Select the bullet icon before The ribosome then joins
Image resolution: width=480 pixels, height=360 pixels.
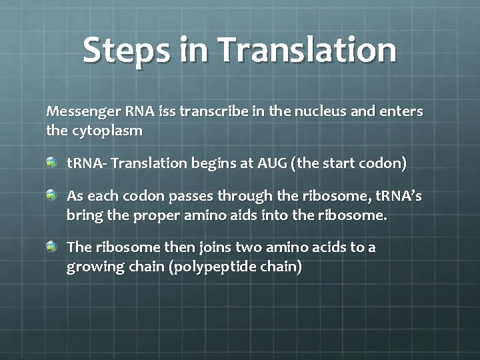[x=52, y=247]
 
